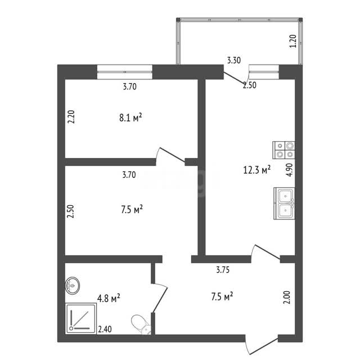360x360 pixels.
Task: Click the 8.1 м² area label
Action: tap(130, 118)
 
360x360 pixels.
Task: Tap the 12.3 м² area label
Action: tap(256, 170)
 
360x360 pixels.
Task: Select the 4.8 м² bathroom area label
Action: tap(109, 299)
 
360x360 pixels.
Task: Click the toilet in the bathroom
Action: tap(141, 325)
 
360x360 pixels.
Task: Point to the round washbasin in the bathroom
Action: tap(73, 286)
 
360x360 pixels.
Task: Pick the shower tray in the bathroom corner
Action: tap(81, 319)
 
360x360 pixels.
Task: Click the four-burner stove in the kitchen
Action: tap(283, 150)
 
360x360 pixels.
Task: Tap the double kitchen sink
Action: tap(284, 204)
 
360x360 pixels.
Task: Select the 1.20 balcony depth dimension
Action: tap(293, 41)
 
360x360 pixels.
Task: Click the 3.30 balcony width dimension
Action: tap(234, 60)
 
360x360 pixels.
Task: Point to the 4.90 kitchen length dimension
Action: tap(289, 170)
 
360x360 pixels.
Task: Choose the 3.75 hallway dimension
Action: tap(223, 269)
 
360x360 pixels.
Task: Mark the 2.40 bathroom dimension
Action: tap(105, 329)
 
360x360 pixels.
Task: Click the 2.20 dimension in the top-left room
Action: tap(71, 117)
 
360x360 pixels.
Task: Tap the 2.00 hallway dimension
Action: tap(287, 298)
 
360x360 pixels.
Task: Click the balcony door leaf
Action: tap(234, 78)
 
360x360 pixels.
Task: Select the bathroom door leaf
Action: tap(160, 300)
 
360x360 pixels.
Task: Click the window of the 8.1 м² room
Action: tap(125, 72)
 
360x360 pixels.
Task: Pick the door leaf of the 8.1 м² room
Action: tap(172, 155)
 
